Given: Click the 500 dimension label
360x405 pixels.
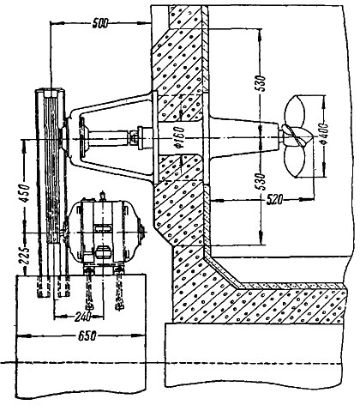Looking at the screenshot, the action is point(100,23).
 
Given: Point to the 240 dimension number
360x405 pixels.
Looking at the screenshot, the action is point(82,317).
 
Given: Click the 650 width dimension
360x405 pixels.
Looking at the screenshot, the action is point(87,335).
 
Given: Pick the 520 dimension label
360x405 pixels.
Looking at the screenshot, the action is point(274,199).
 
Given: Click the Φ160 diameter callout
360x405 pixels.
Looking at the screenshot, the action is point(180,137).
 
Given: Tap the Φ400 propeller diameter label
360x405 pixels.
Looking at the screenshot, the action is point(324,134).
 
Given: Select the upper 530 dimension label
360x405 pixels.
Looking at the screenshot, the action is point(261,83).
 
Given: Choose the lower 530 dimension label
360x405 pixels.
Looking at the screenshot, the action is point(261,181).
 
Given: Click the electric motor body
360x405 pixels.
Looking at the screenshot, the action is point(104,231).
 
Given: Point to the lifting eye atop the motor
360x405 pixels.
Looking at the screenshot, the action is point(102,196).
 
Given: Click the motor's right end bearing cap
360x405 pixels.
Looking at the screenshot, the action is point(141,231).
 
